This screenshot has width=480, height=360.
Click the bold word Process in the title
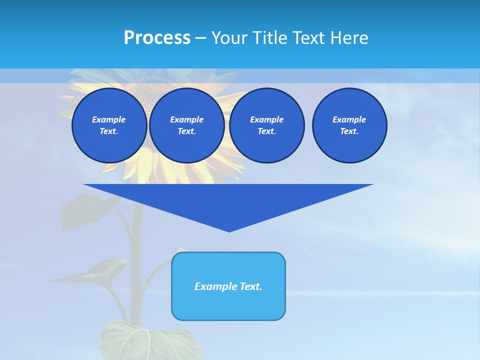coord(157,38)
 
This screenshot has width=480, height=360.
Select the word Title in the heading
coord(269,38)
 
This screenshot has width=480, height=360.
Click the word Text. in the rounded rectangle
coord(250,286)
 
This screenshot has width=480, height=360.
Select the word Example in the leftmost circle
coord(108,119)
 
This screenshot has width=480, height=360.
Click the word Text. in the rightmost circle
coord(349,131)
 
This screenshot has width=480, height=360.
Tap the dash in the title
coord(200,38)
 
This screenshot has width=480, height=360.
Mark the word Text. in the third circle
coord(266,131)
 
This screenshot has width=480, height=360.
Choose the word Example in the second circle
coord(186,119)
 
